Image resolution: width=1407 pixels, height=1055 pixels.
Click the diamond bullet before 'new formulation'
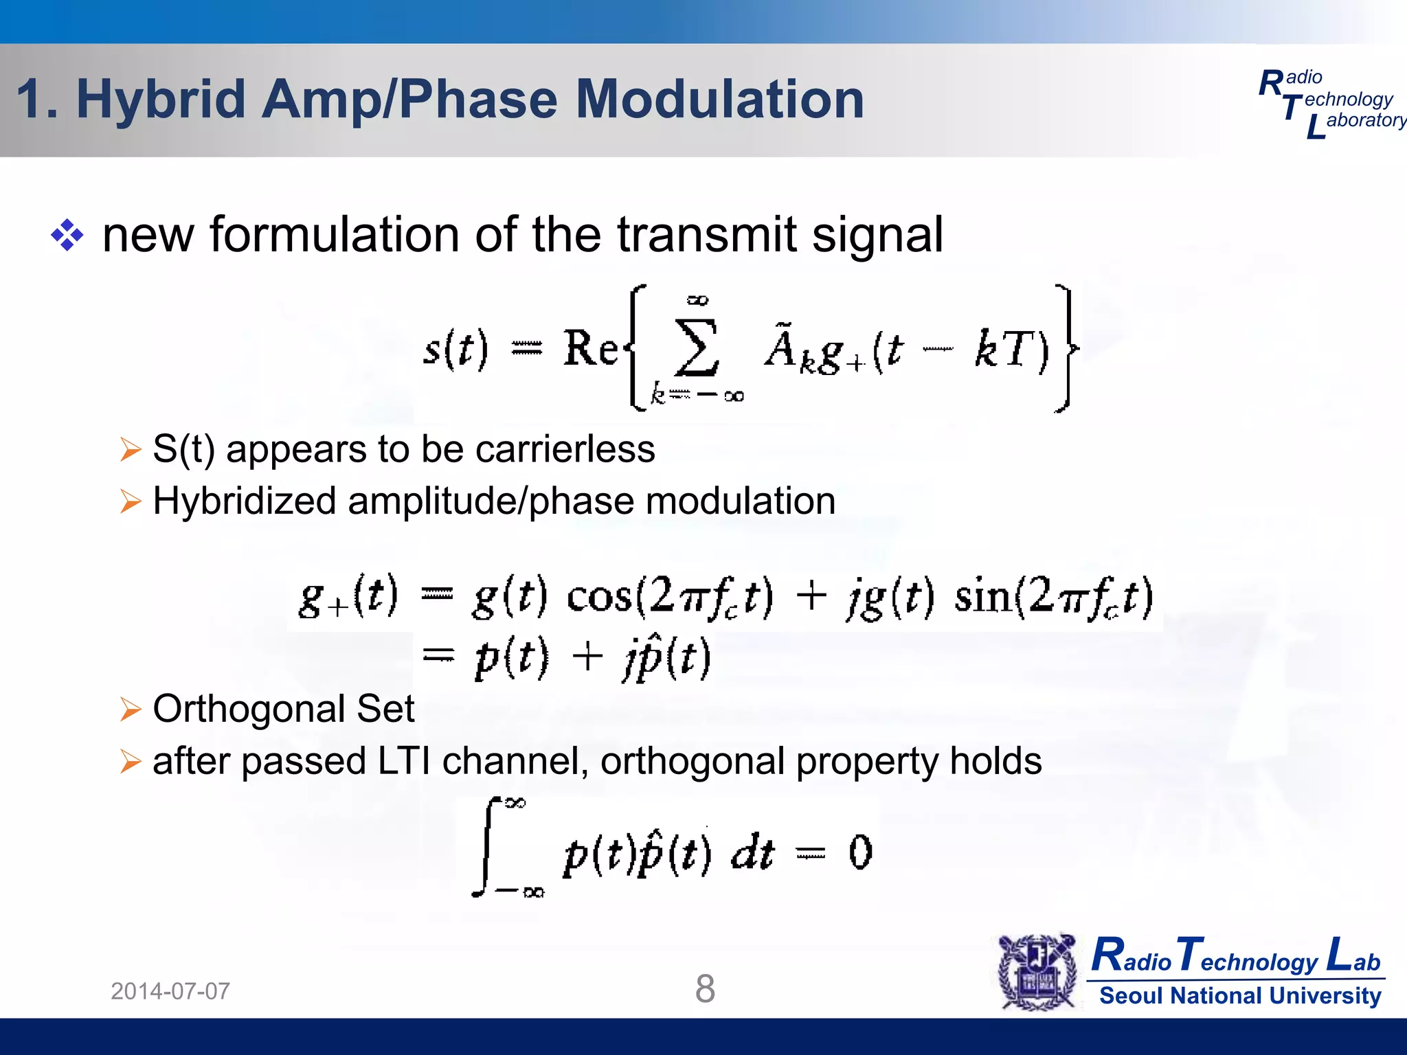(x=67, y=236)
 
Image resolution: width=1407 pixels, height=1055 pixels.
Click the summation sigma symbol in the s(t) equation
(x=697, y=349)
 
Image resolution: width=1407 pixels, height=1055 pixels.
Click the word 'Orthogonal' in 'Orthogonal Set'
(x=249, y=709)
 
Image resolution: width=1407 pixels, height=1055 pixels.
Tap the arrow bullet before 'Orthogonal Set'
(x=130, y=710)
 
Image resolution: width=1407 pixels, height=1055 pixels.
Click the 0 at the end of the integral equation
(x=860, y=852)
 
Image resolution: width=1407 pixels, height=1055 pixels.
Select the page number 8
(x=705, y=989)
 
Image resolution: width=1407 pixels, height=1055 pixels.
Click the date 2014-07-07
(x=170, y=991)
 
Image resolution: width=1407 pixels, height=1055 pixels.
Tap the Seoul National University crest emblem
(x=1037, y=972)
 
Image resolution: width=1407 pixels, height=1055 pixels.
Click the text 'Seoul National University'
(x=1240, y=996)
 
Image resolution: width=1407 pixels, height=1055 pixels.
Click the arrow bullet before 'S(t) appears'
(x=130, y=450)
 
